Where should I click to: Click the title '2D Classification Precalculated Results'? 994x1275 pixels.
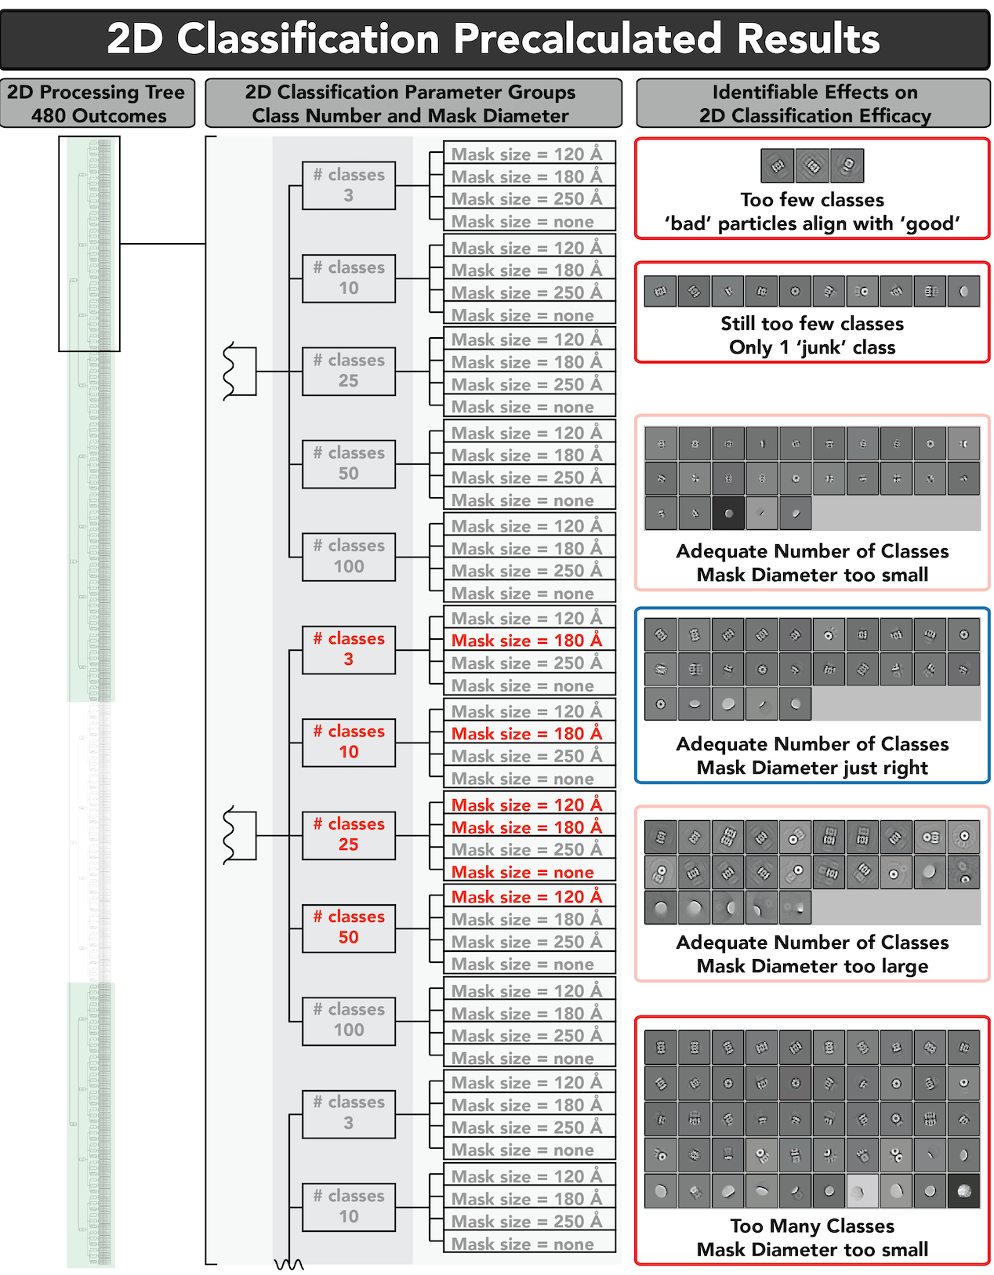point(494,38)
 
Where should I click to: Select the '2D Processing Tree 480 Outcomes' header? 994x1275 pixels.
point(97,104)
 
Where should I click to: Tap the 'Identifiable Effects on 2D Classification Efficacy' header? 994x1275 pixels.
point(814,104)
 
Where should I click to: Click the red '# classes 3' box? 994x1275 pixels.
point(349,649)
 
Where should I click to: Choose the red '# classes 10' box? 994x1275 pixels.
point(349,742)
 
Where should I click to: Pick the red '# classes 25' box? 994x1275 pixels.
point(349,834)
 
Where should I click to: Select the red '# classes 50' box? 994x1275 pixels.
point(349,927)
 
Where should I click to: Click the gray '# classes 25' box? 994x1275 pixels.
point(349,371)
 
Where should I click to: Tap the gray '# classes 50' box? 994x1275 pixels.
point(349,463)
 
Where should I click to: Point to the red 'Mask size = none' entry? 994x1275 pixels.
point(523,873)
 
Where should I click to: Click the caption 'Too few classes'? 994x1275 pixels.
point(812,200)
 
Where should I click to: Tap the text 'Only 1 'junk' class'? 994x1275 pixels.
point(812,347)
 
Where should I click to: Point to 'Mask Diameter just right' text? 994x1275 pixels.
point(812,768)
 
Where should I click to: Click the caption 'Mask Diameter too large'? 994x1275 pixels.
point(812,966)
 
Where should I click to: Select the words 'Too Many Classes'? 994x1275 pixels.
point(812,1226)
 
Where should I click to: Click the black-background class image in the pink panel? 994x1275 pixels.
point(729,514)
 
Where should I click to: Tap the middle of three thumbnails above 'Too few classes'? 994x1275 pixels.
point(812,165)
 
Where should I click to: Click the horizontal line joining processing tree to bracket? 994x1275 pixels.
point(162,244)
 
